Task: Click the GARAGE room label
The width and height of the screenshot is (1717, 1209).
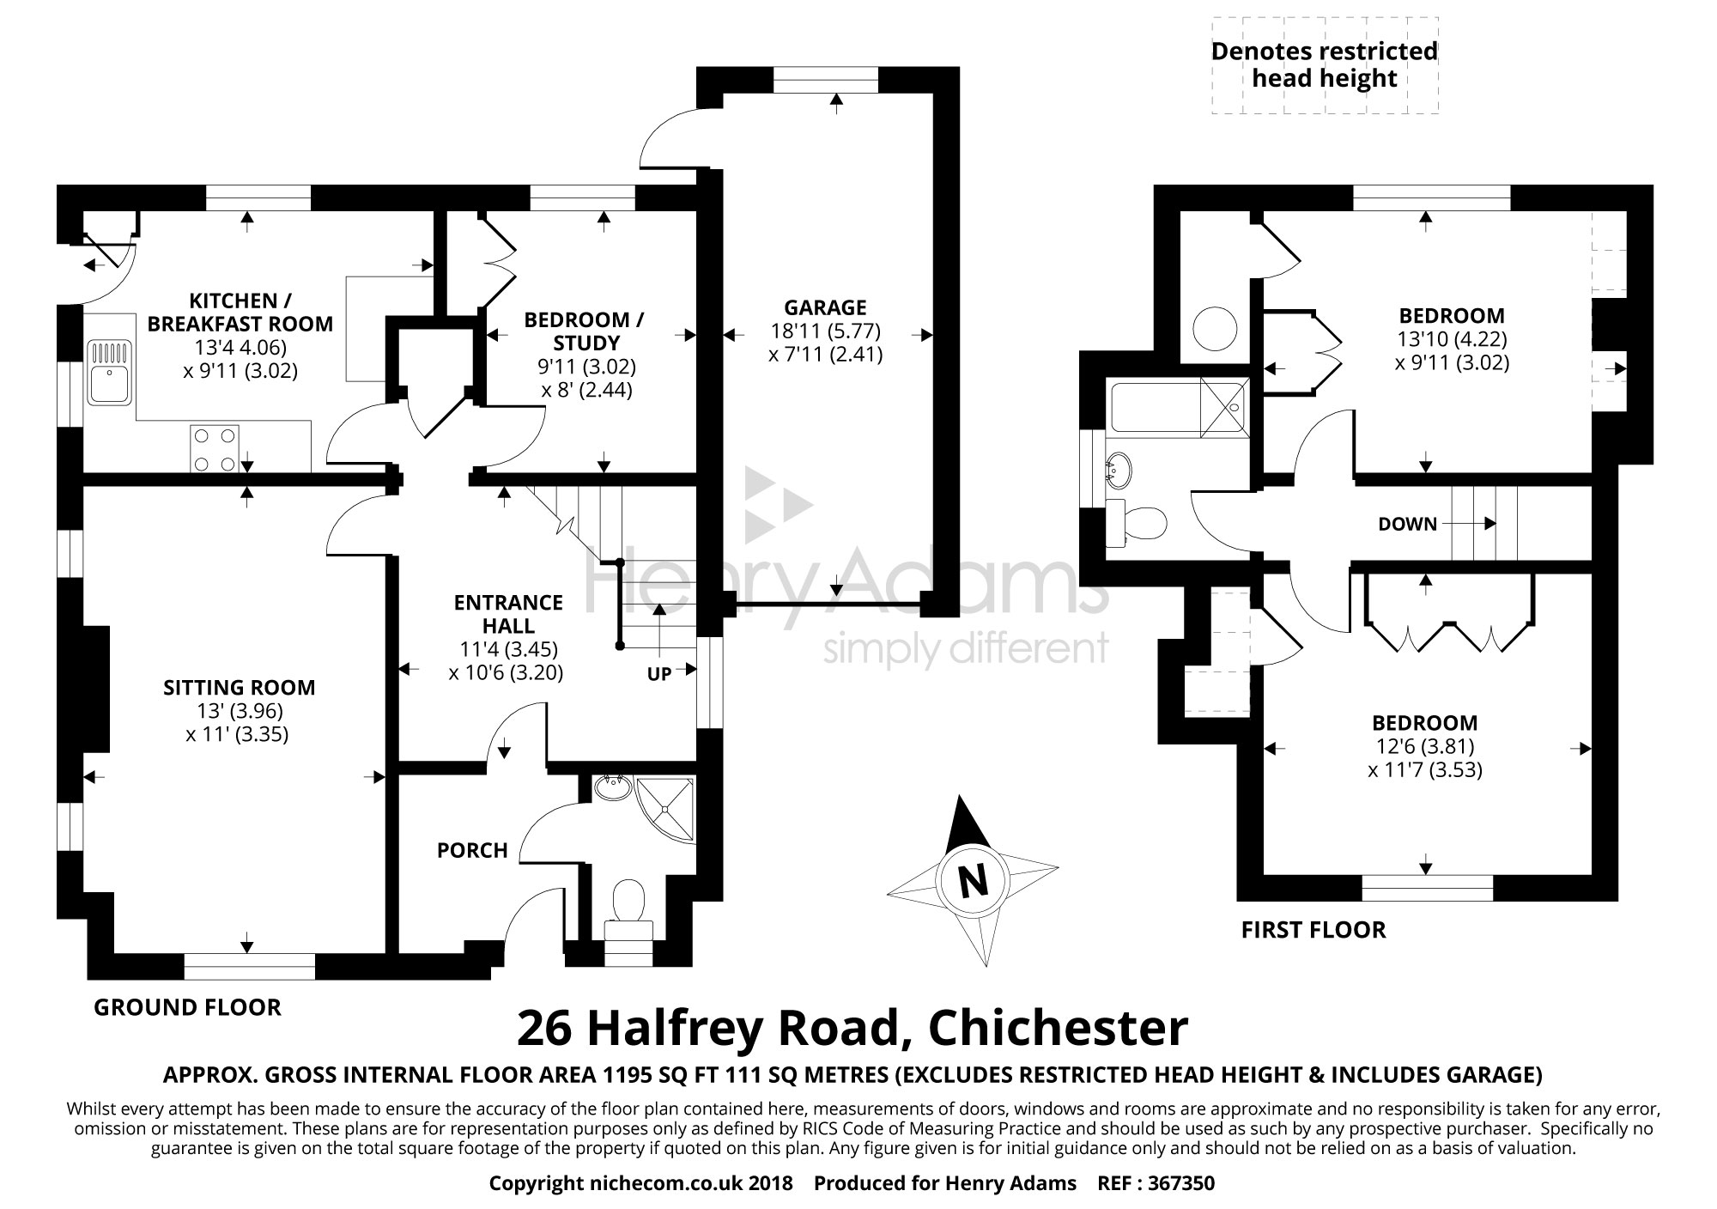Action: coord(825,307)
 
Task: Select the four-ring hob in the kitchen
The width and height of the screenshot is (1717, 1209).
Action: coord(215,449)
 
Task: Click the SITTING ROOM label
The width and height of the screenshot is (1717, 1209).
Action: coord(239,688)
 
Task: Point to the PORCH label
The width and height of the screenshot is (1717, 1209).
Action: coord(472,850)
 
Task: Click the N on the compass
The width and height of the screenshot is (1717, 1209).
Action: coord(971,882)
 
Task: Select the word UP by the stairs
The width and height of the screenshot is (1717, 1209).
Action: coord(658,674)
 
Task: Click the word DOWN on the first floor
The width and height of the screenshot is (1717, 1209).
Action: coord(1407,524)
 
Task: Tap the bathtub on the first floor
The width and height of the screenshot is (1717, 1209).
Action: coord(1176,407)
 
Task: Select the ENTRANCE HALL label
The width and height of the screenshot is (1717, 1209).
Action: coord(508,614)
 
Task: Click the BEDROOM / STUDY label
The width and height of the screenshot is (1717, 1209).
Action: coord(584,331)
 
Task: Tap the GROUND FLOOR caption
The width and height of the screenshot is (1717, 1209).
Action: coord(187,1007)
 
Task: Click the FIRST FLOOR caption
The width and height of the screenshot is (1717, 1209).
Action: coord(1314,930)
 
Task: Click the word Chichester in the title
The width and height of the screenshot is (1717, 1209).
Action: coord(1059,1029)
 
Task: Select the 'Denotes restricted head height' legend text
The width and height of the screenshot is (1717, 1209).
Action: coord(1324,65)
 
